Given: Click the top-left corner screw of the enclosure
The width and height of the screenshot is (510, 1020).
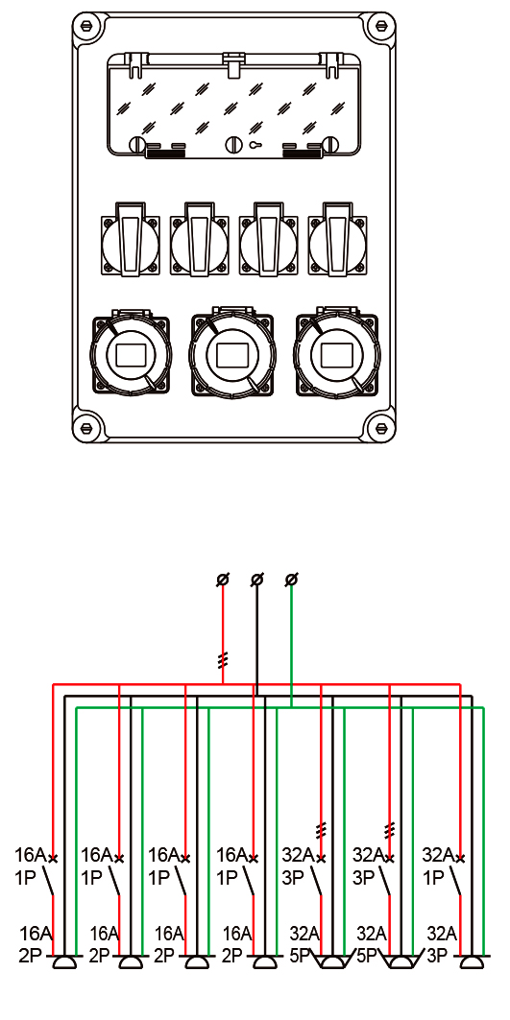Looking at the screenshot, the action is tap(87, 27).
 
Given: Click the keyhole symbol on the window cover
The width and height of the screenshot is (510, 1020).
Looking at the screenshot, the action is tap(254, 145).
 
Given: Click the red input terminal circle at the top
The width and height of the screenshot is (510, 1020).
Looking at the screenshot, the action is tap(223, 579).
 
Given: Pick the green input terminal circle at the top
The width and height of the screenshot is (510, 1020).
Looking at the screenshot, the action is tap(292, 579).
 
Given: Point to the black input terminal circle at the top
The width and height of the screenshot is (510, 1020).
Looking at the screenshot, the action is tap(257, 579).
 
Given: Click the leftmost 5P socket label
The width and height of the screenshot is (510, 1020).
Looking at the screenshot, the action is tap(301, 957).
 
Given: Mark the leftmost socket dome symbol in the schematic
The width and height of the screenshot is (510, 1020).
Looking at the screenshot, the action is tap(64, 962).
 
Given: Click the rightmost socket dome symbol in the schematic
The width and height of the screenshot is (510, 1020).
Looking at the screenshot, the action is tap(472, 962).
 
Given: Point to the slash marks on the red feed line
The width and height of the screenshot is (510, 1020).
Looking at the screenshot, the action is tap(223, 661).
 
